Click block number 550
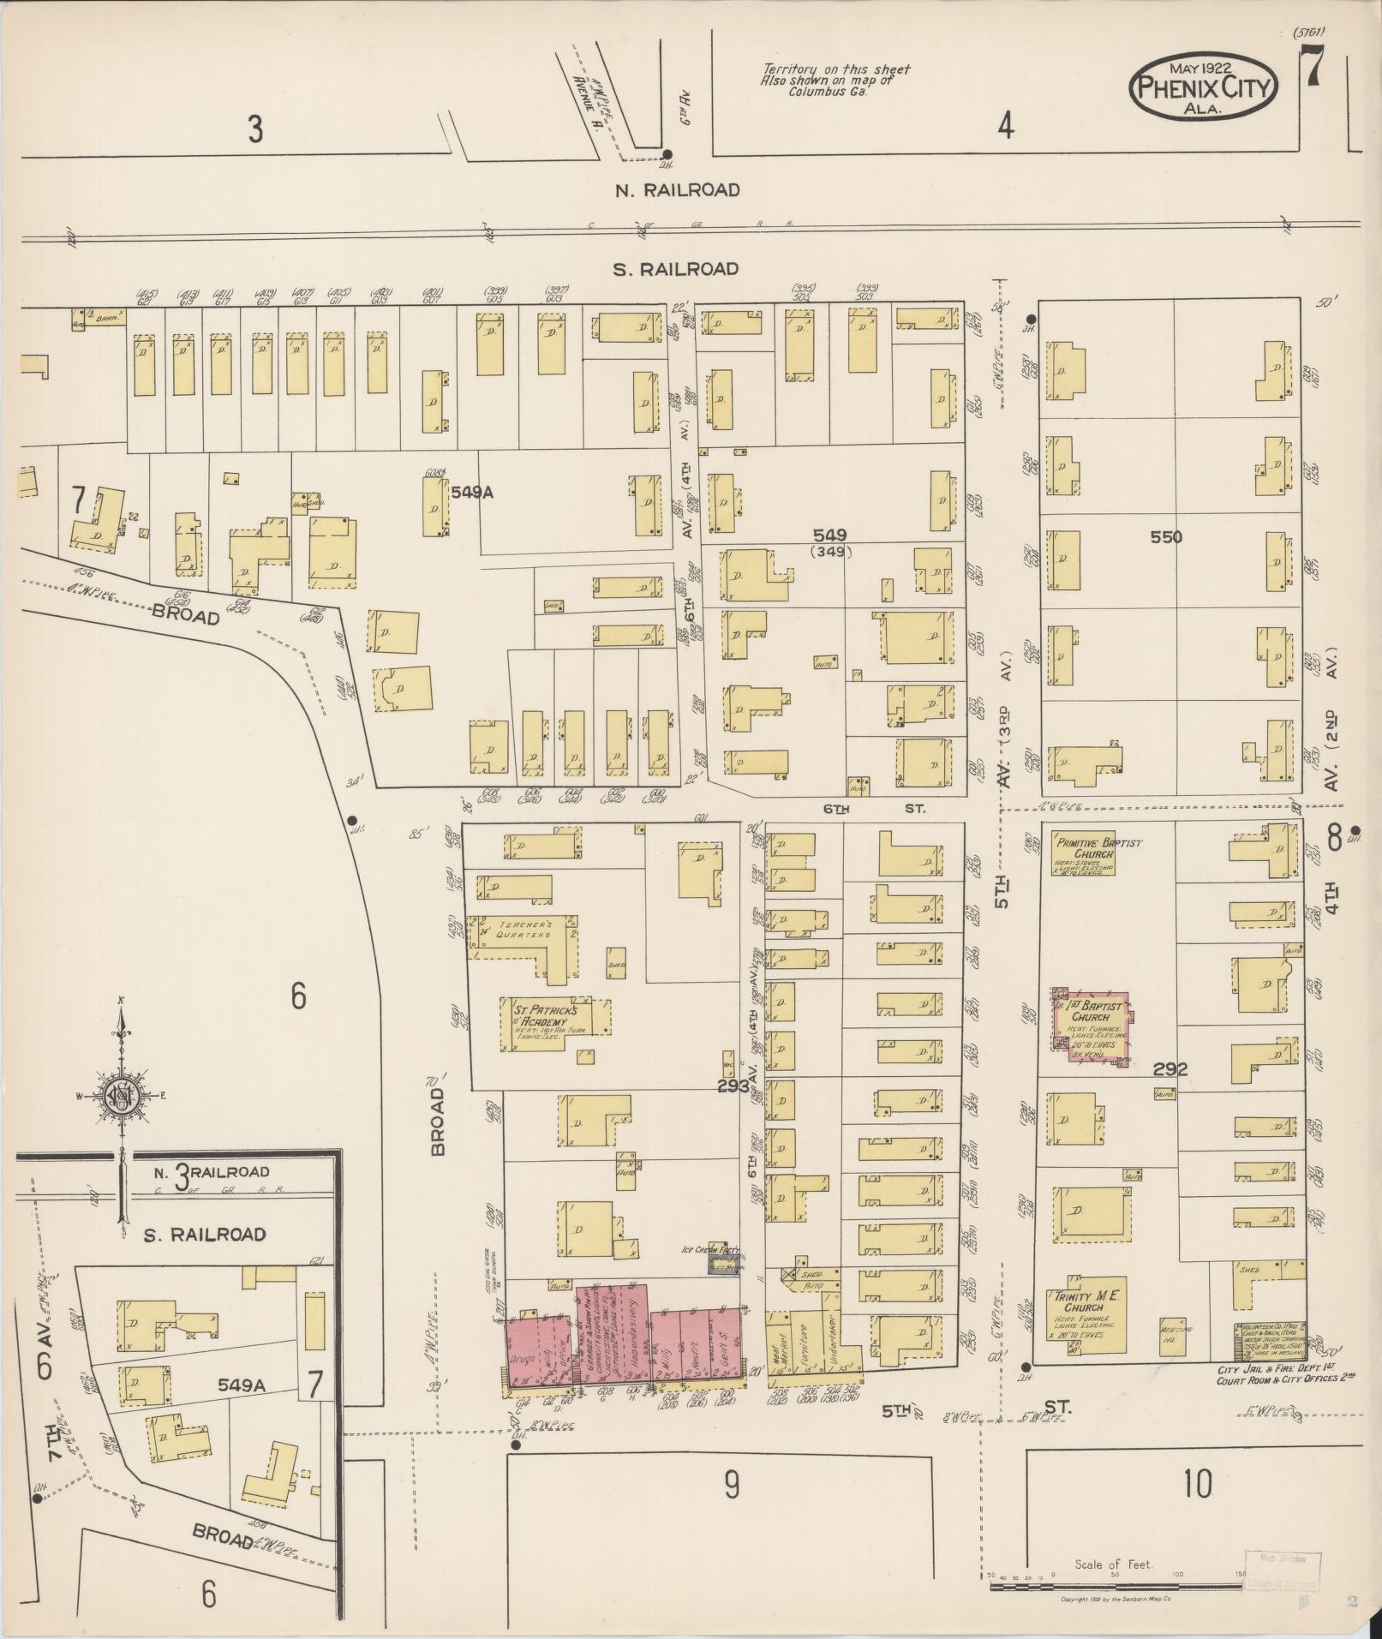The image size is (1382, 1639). [1166, 537]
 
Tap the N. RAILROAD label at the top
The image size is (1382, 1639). [677, 190]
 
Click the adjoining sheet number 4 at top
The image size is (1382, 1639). [1005, 127]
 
